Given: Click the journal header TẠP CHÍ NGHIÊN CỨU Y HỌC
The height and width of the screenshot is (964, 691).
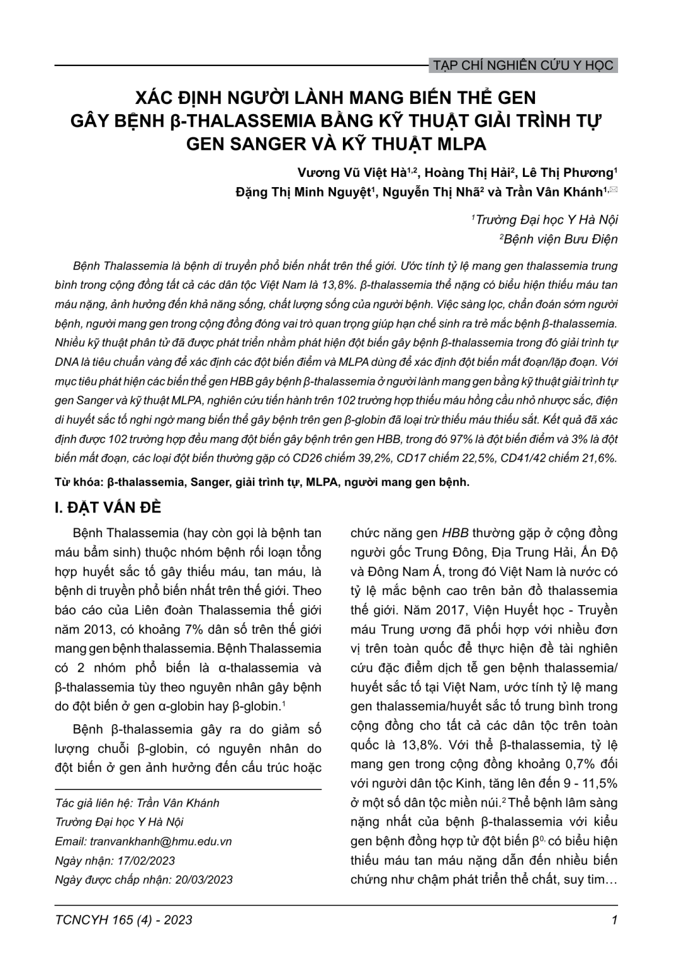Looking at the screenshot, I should click(522, 65).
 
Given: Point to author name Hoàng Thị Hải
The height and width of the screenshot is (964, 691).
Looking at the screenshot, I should click(467, 173).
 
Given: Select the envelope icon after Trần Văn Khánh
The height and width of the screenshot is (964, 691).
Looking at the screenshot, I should click(614, 190).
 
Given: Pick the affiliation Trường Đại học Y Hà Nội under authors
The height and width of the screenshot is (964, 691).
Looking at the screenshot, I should click(546, 220).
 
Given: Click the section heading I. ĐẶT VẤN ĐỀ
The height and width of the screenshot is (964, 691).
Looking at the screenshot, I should click(108, 508).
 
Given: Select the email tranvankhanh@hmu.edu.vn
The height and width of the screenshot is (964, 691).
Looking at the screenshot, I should click(161, 842).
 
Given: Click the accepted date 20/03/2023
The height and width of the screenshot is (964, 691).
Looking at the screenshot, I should click(202, 880).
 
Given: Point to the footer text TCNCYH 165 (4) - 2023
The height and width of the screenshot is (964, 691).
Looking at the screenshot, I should click(124, 920).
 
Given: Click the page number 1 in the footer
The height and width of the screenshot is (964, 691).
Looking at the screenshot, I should click(614, 920).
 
